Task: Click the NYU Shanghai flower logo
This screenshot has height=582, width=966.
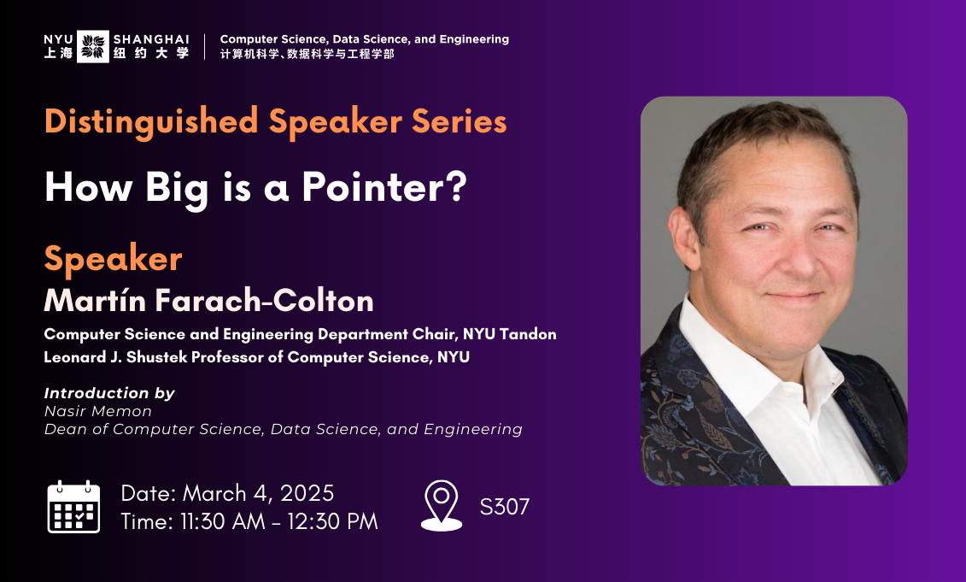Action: (x=93, y=46)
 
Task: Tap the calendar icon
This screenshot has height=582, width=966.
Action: (x=73, y=507)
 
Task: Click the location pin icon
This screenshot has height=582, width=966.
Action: (x=442, y=505)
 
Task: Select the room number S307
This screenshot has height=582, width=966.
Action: (x=504, y=507)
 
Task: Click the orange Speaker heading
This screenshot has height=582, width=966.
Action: (x=113, y=258)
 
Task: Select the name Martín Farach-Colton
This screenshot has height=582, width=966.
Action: (x=208, y=301)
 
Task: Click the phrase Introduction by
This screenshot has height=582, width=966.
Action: (x=109, y=393)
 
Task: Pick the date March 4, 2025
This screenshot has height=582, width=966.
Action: (x=258, y=493)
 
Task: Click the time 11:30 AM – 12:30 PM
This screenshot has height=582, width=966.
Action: (x=278, y=521)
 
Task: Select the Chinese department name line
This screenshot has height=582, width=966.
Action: (x=307, y=54)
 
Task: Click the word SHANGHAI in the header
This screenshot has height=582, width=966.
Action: (x=150, y=38)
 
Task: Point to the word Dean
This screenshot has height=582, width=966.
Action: (x=62, y=429)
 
